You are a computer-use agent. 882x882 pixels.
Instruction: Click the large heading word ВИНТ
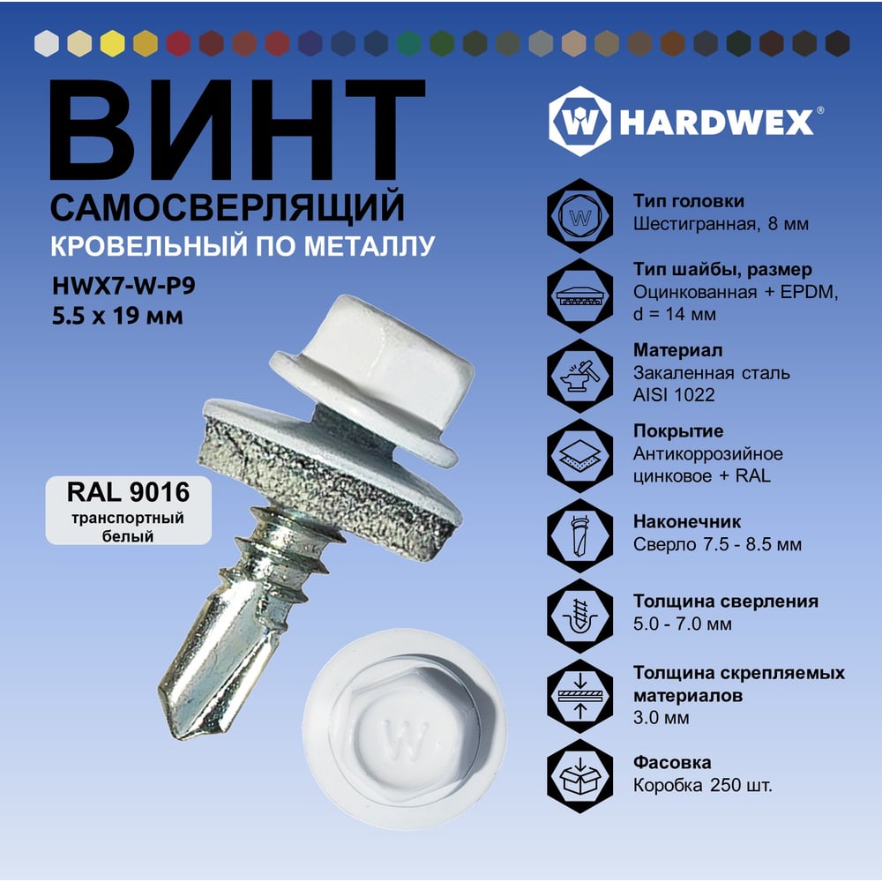click(x=237, y=130)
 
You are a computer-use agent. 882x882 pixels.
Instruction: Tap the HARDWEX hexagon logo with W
click(x=579, y=121)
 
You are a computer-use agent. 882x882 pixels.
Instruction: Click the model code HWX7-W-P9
click(x=123, y=286)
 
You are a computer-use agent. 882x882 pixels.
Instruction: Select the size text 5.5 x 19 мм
click(x=117, y=316)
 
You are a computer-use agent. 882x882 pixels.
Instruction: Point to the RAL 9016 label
click(x=128, y=492)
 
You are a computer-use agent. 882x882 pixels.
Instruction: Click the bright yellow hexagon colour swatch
click(x=113, y=43)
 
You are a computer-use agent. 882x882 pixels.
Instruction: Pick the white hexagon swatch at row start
click(x=47, y=43)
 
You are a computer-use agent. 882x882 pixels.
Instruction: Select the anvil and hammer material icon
click(x=580, y=375)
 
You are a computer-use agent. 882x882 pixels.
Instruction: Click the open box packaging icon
click(x=580, y=776)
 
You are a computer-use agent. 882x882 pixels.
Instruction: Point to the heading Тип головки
click(x=689, y=201)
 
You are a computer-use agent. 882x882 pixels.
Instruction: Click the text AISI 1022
click(x=674, y=395)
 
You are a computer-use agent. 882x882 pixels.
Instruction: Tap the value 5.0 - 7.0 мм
click(x=683, y=624)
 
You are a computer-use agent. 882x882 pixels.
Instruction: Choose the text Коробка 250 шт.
click(x=703, y=785)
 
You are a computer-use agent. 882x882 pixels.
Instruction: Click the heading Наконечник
click(x=687, y=521)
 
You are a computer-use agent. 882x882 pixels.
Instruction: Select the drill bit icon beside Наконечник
click(x=580, y=535)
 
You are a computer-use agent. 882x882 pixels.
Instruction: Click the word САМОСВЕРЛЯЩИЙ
click(x=228, y=207)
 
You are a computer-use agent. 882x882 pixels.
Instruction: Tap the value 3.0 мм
click(x=661, y=718)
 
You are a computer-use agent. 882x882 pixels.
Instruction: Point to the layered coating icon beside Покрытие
click(x=580, y=455)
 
